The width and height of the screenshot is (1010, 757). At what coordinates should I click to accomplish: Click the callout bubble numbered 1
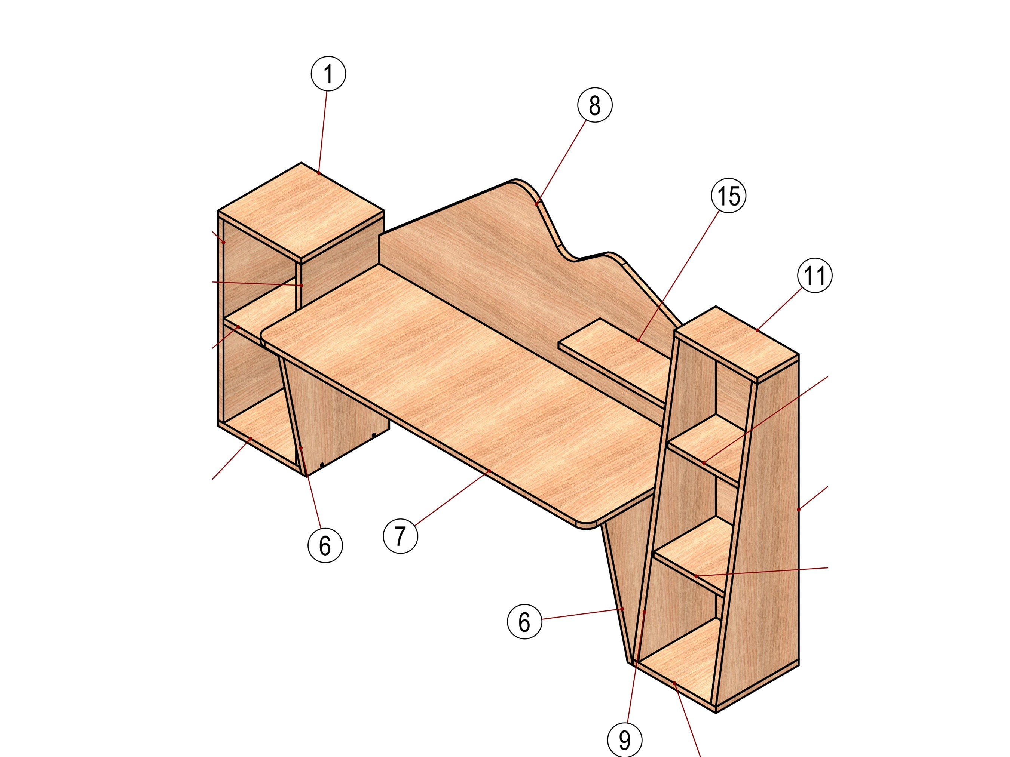coord(328,74)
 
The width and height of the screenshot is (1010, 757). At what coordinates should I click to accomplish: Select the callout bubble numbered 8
coord(594,105)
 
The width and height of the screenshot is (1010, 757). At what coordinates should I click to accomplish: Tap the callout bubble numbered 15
coord(729,196)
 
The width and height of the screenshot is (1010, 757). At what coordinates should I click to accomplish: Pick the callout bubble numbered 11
coord(815,276)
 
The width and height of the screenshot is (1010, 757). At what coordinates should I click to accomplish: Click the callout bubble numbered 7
coord(400,536)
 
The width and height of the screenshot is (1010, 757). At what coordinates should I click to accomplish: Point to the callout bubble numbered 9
coord(625,740)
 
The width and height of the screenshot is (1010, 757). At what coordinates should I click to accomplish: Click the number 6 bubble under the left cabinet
coord(325,546)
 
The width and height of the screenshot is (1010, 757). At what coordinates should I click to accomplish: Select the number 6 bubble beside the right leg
coord(524,621)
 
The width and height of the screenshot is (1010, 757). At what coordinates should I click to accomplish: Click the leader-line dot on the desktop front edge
coord(489,470)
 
